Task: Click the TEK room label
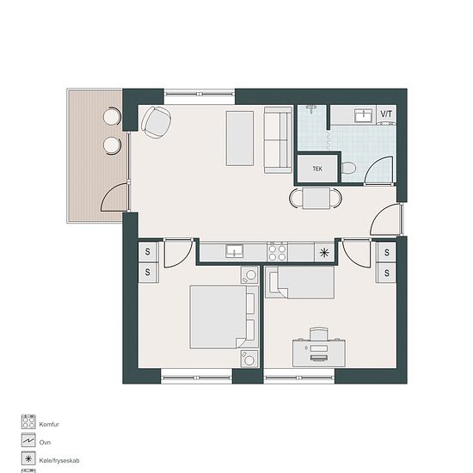317,169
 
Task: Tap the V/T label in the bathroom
386,114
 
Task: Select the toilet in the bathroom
348,168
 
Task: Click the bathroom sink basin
363,115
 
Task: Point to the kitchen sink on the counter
235,251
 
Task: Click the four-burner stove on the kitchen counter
277,252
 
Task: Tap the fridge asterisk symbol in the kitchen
324,253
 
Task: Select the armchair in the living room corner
156,122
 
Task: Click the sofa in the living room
278,140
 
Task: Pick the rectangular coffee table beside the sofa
240,138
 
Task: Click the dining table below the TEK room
316,198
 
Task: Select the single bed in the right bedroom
299,282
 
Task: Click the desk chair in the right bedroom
319,334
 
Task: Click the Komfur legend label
49,424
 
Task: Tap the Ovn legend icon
28,440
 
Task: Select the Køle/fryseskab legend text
59,461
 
